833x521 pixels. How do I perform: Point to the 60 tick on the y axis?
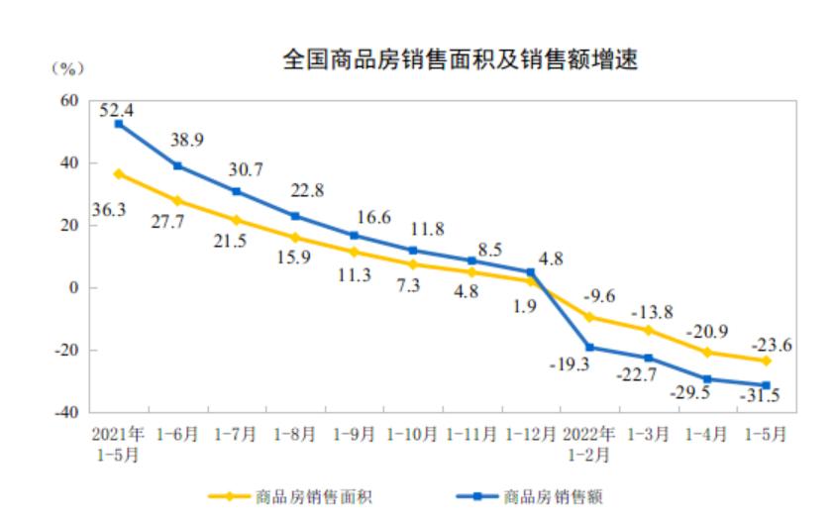coord(68,100)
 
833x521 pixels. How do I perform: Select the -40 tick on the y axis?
coord(65,413)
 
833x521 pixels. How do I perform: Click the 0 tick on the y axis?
coord(73,288)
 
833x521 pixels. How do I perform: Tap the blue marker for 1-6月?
coord(177,165)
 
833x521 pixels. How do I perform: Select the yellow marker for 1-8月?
coord(295,238)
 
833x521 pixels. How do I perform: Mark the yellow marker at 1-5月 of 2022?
coord(766,361)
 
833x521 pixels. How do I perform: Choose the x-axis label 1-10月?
coord(413,435)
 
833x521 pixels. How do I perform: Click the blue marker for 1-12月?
coord(530,272)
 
